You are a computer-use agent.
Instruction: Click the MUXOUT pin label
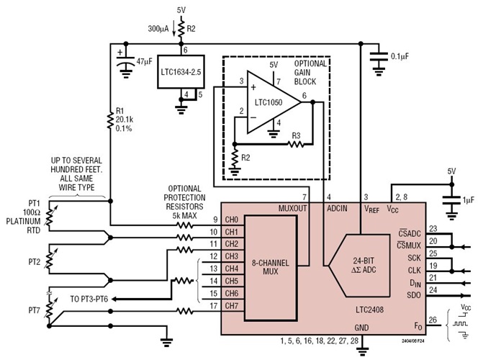(294, 209)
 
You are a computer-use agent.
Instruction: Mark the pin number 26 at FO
(433, 320)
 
